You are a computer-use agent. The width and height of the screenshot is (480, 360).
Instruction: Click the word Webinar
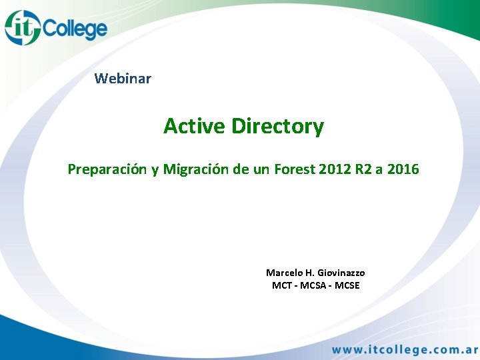point(123,79)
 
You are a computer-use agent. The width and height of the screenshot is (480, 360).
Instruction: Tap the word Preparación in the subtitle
point(107,169)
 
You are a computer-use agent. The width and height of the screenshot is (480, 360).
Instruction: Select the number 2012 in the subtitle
point(335,169)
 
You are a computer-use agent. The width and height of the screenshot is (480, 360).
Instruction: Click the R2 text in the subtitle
point(363,169)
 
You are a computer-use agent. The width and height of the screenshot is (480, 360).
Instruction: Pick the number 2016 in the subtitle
point(403,169)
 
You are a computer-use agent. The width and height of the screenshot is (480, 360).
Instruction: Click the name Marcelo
point(284,273)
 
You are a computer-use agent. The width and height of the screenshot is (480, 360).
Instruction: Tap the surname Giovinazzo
point(341,273)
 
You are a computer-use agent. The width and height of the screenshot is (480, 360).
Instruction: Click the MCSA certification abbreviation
point(313,285)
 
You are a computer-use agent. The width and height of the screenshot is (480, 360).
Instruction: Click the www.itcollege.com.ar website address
point(404,349)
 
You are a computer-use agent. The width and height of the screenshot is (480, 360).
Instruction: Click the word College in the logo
point(74,29)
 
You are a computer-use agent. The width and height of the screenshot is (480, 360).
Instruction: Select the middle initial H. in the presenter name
point(309,273)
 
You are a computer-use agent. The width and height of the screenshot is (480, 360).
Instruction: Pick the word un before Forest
point(262,169)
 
